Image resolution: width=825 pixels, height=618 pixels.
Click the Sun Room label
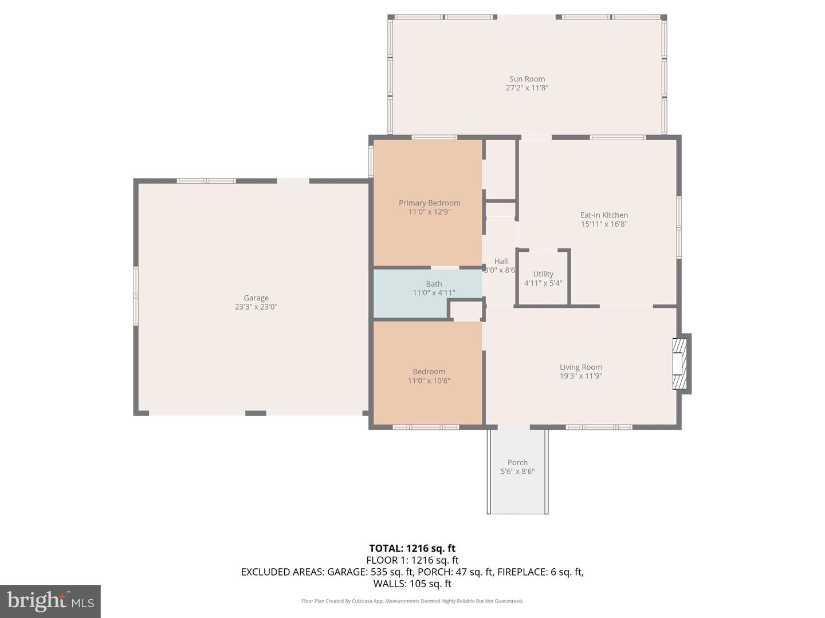point(527,79)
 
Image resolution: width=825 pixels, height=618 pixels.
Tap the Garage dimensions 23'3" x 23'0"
point(256,307)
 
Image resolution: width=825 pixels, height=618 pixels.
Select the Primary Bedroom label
point(429,203)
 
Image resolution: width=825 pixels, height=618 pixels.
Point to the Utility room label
point(543,274)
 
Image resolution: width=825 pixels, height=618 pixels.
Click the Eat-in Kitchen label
point(604,215)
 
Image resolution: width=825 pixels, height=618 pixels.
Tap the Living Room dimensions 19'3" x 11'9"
point(581,376)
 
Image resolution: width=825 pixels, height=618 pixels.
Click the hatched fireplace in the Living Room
point(679,363)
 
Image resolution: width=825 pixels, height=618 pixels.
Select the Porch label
point(517,462)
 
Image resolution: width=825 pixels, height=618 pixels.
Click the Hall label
point(501,261)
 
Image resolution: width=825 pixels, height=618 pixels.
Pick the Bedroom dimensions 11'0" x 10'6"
point(429,381)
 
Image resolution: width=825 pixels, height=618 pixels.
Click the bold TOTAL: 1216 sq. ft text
point(412,548)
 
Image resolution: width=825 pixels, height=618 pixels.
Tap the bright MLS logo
point(50,601)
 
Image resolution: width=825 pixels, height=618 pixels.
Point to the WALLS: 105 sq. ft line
point(412,584)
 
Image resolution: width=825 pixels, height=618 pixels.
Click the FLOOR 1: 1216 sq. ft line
point(412,560)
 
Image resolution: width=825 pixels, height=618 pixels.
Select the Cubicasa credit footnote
point(412,601)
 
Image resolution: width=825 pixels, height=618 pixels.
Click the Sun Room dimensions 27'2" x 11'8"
point(527,88)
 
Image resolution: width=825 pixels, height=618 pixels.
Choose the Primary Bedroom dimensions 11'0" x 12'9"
point(429,212)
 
